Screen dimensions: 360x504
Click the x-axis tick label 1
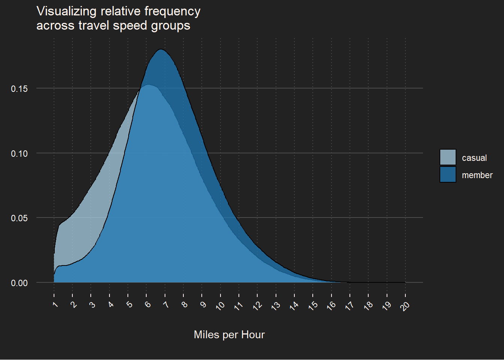(x=55, y=304)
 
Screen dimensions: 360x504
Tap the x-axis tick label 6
(x=148, y=304)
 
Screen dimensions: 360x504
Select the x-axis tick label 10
(x=220, y=305)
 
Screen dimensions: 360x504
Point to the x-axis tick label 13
(x=276, y=305)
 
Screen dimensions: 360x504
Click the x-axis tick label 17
(x=349, y=305)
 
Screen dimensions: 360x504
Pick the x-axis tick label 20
(x=405, y=305)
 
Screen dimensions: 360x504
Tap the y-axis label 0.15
(x=19, y=89)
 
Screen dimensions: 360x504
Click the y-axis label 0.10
(x=19, y=154)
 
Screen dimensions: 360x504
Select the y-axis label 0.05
(x=19, y=218)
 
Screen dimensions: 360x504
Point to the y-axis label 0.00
(x=19, y=283)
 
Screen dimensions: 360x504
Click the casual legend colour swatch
(x=448, y=157)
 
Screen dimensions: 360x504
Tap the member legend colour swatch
(x=448, y=174)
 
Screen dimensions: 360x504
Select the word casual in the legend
(x=474, y=158)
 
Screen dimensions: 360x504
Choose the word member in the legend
(x=477, y=175)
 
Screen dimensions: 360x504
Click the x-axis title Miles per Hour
(x=229, y=334)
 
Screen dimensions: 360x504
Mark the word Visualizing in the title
(x=66, y=12)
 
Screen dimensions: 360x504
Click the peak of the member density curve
(x=161, y=49)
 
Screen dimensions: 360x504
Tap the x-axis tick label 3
(x=92, y=304)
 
